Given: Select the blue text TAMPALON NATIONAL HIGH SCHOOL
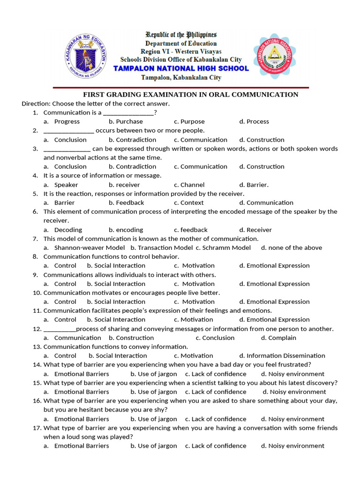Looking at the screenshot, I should click(181, 68).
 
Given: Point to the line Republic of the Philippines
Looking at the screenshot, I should click(181, 35).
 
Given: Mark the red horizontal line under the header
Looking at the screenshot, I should click(181, 88).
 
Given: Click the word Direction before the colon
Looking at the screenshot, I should click(36, 104).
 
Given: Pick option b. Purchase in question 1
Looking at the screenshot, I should click(126, 121).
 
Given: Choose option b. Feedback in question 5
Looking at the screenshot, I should click(126, 202).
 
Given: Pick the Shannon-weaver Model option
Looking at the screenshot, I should click(89, 247).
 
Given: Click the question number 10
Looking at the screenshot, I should click(37, 292).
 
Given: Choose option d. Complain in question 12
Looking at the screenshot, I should click(278, 337).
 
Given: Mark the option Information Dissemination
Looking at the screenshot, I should click(285, 356).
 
